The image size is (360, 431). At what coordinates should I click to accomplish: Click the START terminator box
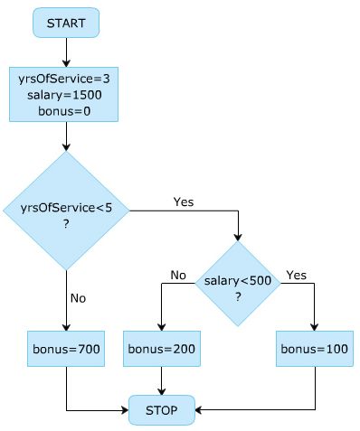(66, 23)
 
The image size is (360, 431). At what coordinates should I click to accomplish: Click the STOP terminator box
(162, 410)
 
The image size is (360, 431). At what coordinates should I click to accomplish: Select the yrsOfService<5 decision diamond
(66, 211)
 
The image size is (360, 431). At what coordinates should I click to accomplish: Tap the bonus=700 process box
(66, 348)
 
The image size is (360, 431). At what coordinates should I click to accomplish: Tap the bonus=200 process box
(162, 348)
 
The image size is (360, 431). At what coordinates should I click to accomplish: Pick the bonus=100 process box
(314, 348)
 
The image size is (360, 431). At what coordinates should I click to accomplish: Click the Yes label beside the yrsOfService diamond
(183, 201)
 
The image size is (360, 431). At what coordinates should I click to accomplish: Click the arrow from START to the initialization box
(66, 52)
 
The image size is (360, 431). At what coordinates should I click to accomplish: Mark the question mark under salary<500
(239, 296)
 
